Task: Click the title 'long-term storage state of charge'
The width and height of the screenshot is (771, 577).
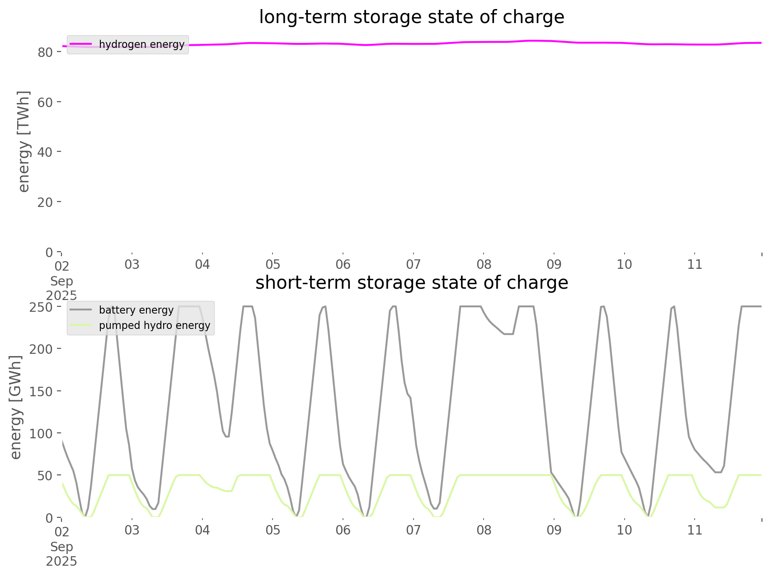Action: click(411, 17)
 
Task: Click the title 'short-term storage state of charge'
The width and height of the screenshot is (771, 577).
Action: click(411, 283)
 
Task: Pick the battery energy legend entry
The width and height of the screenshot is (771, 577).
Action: click(136, 310)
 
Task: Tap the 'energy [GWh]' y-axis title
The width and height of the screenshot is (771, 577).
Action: click(16, 407)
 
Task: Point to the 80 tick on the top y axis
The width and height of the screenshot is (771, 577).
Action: click(45, 52)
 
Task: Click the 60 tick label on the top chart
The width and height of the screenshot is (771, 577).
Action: click(45, 102)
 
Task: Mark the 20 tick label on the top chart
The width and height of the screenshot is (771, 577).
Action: click(45, 202)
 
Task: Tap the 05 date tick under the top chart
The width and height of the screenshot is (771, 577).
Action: click(273, 265)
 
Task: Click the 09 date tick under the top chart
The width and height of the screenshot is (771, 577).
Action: click(554, 265)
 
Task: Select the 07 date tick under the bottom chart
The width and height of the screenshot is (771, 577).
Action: click(414, 530)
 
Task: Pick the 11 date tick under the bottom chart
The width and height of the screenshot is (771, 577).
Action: click(695, 530)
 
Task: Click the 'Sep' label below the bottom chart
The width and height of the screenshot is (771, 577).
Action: click(61, 547)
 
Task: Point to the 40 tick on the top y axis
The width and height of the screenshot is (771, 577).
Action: click(45, 152)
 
